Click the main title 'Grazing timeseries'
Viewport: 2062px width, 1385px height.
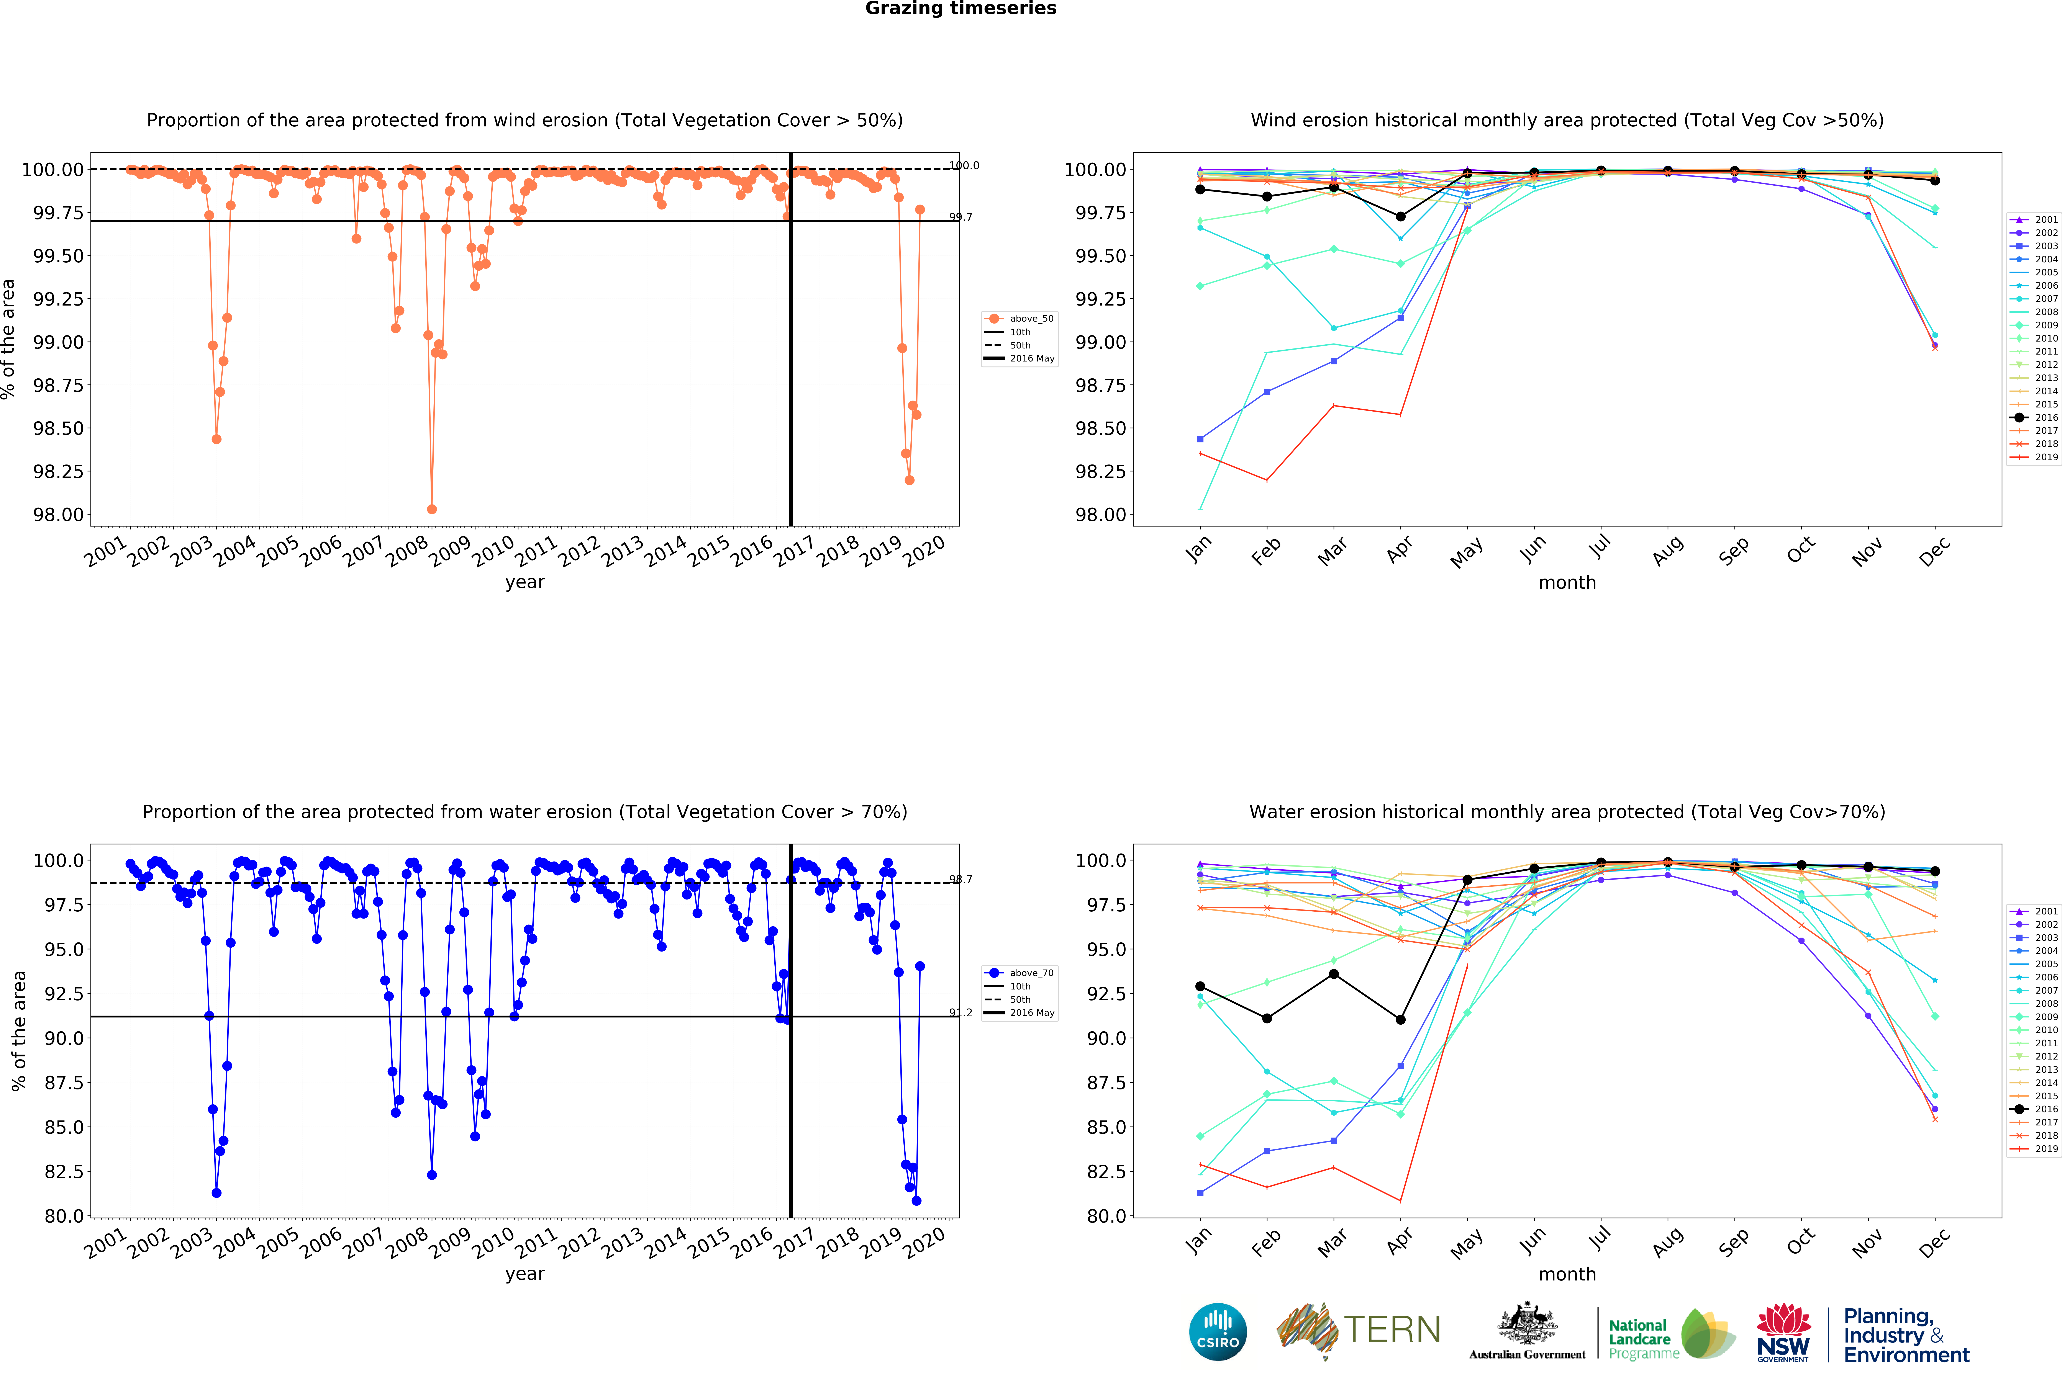point(960,9)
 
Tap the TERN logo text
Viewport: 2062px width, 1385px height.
point(1392,1329)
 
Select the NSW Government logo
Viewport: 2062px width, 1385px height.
point(1783,1332)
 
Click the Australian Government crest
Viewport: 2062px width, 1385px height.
point(1527,1325)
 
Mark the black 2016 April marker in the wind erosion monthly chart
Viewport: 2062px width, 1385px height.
point(1400,216)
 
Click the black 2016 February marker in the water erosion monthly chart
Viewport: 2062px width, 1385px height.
point(1267,1019)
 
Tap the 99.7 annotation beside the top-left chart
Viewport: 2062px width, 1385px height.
point(960,217)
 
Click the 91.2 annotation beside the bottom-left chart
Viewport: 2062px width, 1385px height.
point(960,1012)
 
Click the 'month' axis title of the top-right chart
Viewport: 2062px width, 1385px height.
point(1566,583)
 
